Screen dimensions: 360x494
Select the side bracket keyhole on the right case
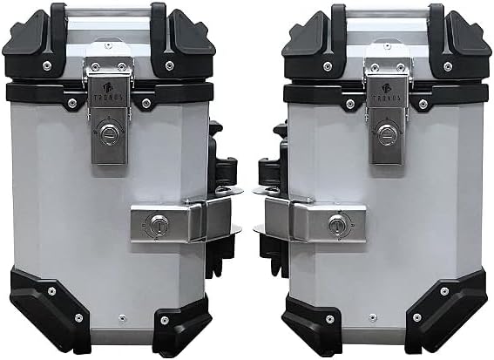(335, 226)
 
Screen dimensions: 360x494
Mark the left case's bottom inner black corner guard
(183, 327)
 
